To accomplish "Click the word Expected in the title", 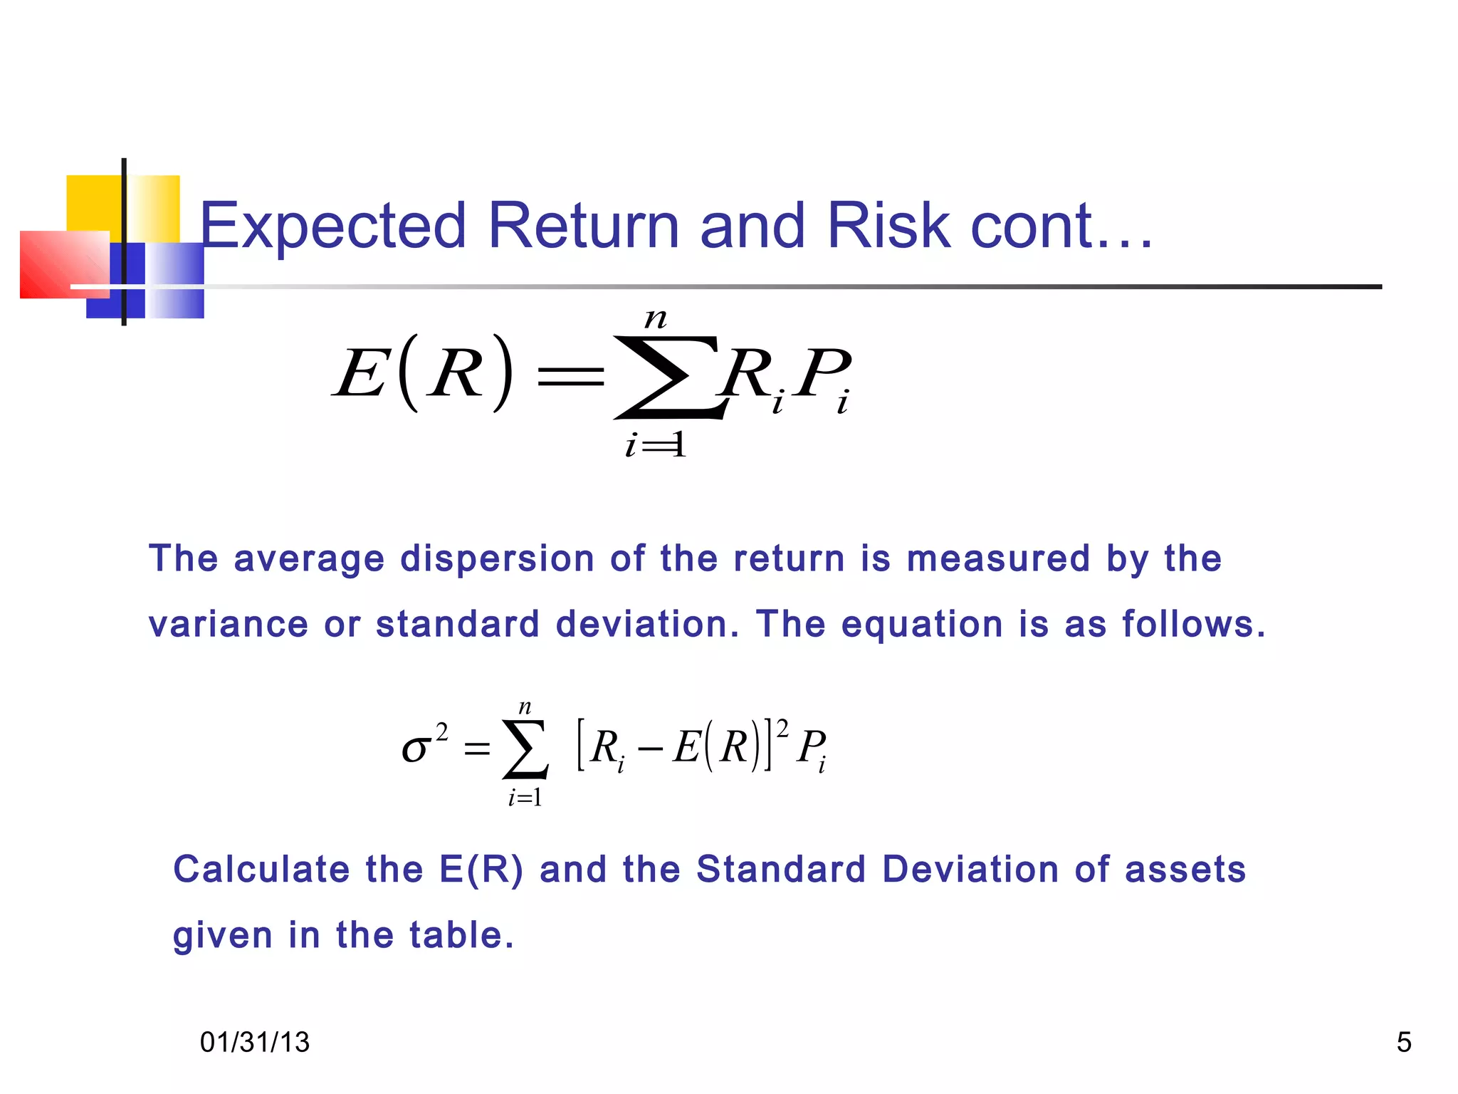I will tap(332, 226).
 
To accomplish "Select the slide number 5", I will tap(1403, 1042).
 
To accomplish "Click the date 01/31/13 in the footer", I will tap(255, 1042).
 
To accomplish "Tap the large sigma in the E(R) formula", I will tap(669, 377).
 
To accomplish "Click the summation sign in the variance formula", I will tap(525, 749).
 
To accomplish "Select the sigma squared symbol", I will tap(424, 744).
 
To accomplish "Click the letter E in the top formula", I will tap(361, 375).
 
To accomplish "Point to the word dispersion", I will tap(497, 558).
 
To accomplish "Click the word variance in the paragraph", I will tap(228, 625).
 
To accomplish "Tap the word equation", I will tap(922, 625).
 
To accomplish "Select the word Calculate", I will tap(261, 870).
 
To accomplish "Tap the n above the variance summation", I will tap(525, 707).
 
